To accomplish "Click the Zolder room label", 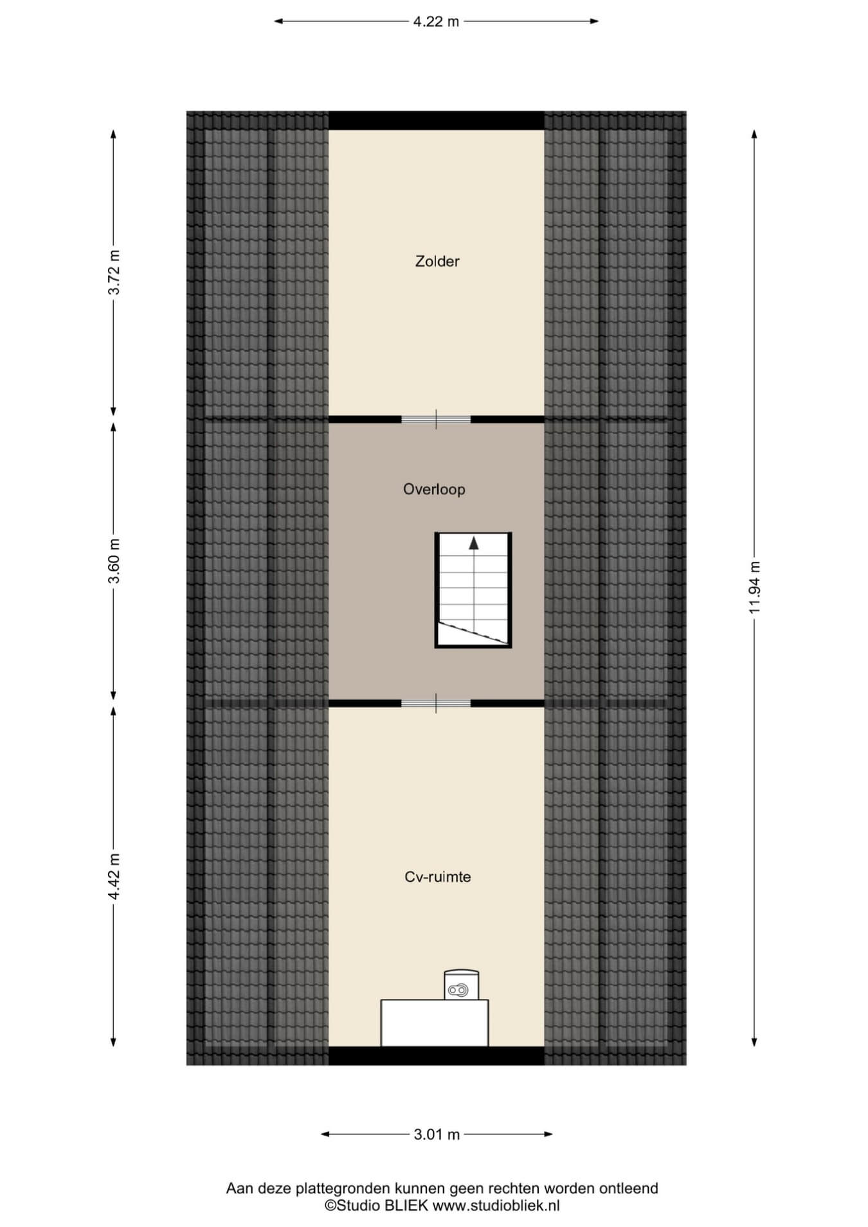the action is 437,262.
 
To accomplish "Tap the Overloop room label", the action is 434,489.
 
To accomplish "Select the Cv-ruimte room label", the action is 438,877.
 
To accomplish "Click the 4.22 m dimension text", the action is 436,21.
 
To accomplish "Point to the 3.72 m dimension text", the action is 114,271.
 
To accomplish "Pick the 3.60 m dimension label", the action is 114,560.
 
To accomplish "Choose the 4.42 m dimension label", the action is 114,877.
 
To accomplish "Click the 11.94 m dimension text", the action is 754,586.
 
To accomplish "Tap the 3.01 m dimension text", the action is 437,1134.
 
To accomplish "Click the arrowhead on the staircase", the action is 474,543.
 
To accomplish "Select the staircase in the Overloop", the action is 473,590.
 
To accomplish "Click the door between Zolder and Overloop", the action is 436,419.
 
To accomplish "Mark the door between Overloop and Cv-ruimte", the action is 436,703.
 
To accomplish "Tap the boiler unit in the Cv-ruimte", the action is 462,985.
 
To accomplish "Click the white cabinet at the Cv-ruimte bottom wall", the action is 435,1023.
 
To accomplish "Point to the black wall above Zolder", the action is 437,121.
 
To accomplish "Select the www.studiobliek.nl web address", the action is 496,1206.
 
